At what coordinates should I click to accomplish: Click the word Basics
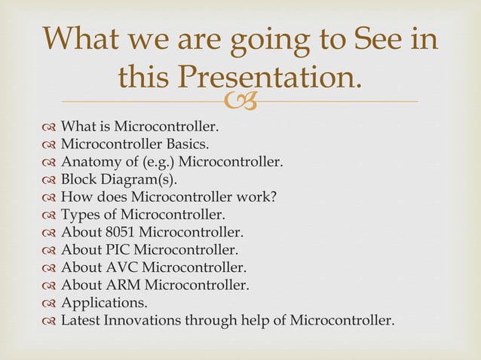pyautogui.click(x=182, y=143)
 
